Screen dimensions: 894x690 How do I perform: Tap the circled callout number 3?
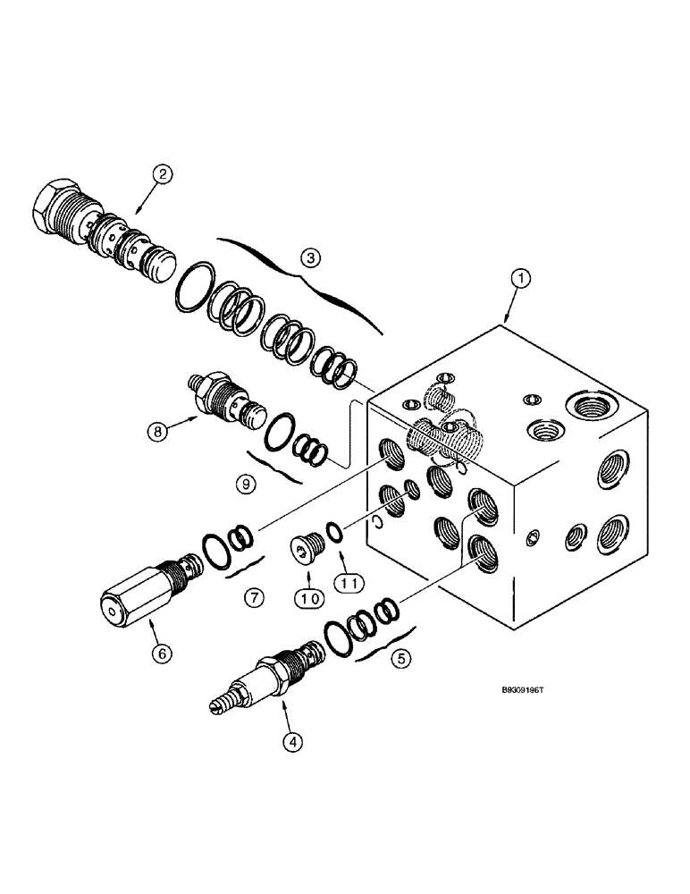(x=309, y=258)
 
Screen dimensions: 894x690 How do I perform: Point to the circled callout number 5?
(x=400, y=659)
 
